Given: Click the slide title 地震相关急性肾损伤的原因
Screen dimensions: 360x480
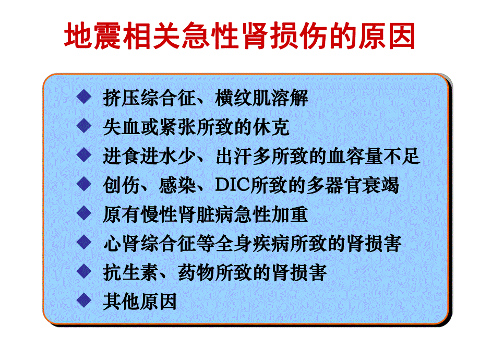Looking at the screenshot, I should (x=239, y=36).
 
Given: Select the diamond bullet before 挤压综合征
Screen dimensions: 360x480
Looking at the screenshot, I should (x=82, y=97).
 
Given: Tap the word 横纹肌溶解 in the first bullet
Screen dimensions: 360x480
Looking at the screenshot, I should (x=262, y=98).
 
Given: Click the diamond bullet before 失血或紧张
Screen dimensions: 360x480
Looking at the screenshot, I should (x=82, y=126).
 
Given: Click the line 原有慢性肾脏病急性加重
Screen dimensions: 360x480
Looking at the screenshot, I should (x=205, y=214).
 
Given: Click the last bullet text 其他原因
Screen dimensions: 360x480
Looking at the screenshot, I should (x=140, y=302).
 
